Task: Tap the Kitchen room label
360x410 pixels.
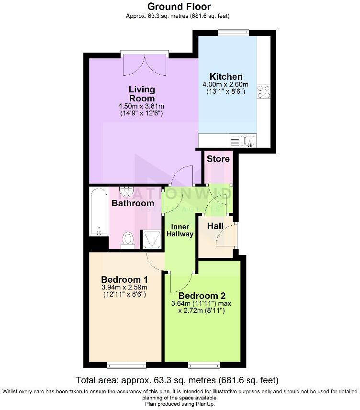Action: (x=226, y=77)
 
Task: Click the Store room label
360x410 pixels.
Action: (x=218, y=158)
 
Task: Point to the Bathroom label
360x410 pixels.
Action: (x=133, y=203)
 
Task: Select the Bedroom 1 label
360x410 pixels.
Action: (x=124, y=279)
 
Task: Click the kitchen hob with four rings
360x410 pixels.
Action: (x=263, y=91)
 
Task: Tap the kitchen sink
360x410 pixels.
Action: (x=249, y=141)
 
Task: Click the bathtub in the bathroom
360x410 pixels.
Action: (x=98, y=212)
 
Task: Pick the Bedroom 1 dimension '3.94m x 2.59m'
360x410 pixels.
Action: (x=124, y=288)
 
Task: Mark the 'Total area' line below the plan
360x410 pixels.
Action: (x=177, y=381)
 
